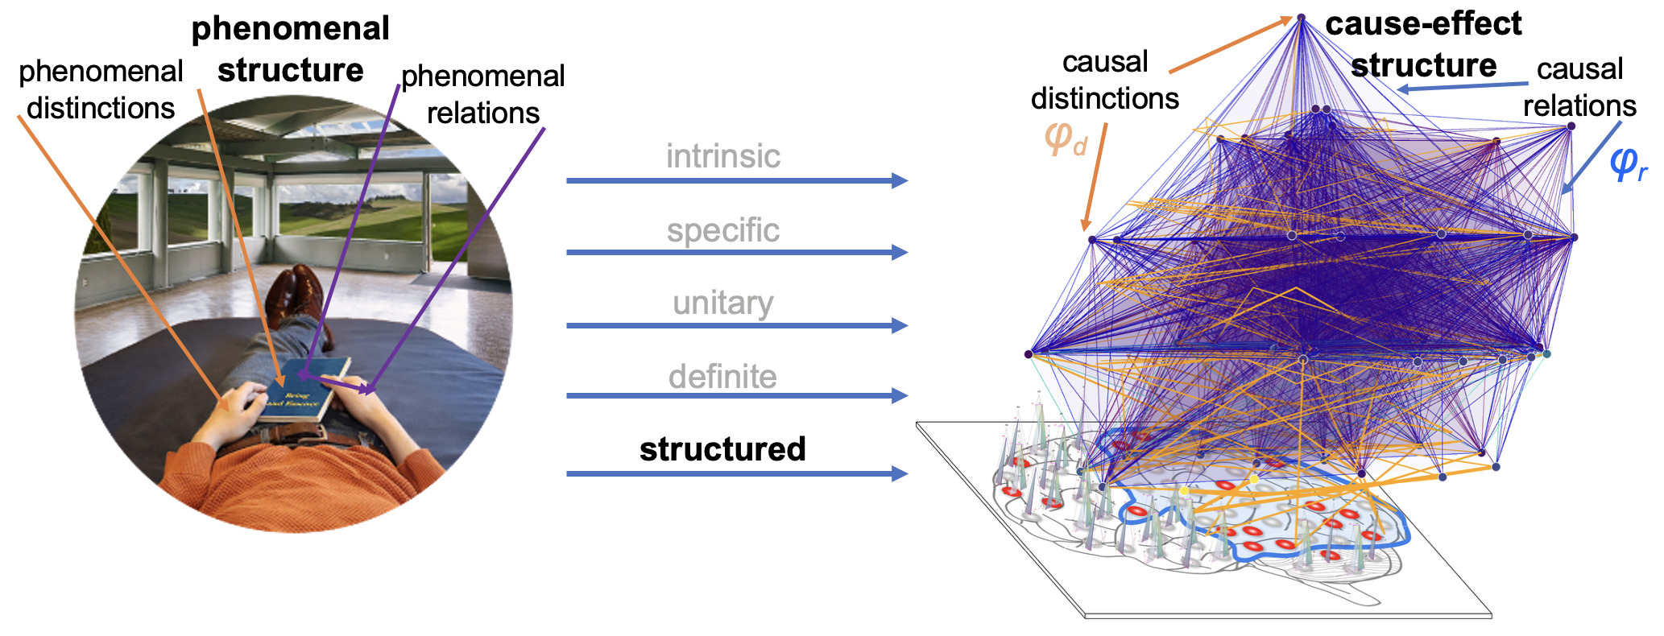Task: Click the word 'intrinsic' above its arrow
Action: click(x=722, y=156)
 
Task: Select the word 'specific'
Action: click(x=722, y=230)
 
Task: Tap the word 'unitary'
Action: click(x=722, y=304)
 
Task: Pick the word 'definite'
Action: click(x=722, y=377)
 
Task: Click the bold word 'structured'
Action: click(x=722, y=449)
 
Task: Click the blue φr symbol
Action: click(x=1627, y=163)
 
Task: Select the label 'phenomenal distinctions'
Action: click(x=101, y=89)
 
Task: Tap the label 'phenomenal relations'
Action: click(x=482, y=94)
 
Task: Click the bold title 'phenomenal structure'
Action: click(x=291, y=49)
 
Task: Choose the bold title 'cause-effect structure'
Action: click(x=1423, y=44)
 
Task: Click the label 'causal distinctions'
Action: click(x=1104, y=80)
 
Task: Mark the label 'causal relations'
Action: click(x=1579, y=87)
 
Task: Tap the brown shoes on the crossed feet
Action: click(x=295, y=295)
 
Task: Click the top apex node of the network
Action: click(x=1300, y=17)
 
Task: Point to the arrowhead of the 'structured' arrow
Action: click(x=900, y=473)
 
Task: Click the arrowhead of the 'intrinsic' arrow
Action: click(x=900, y=180)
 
